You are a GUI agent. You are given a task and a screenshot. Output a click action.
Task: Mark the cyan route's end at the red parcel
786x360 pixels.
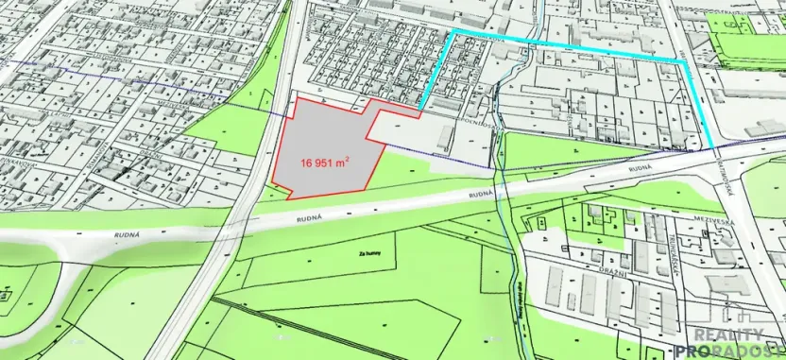[x=421, y=106]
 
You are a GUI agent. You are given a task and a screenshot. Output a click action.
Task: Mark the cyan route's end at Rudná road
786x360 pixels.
[x=713, y=148]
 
